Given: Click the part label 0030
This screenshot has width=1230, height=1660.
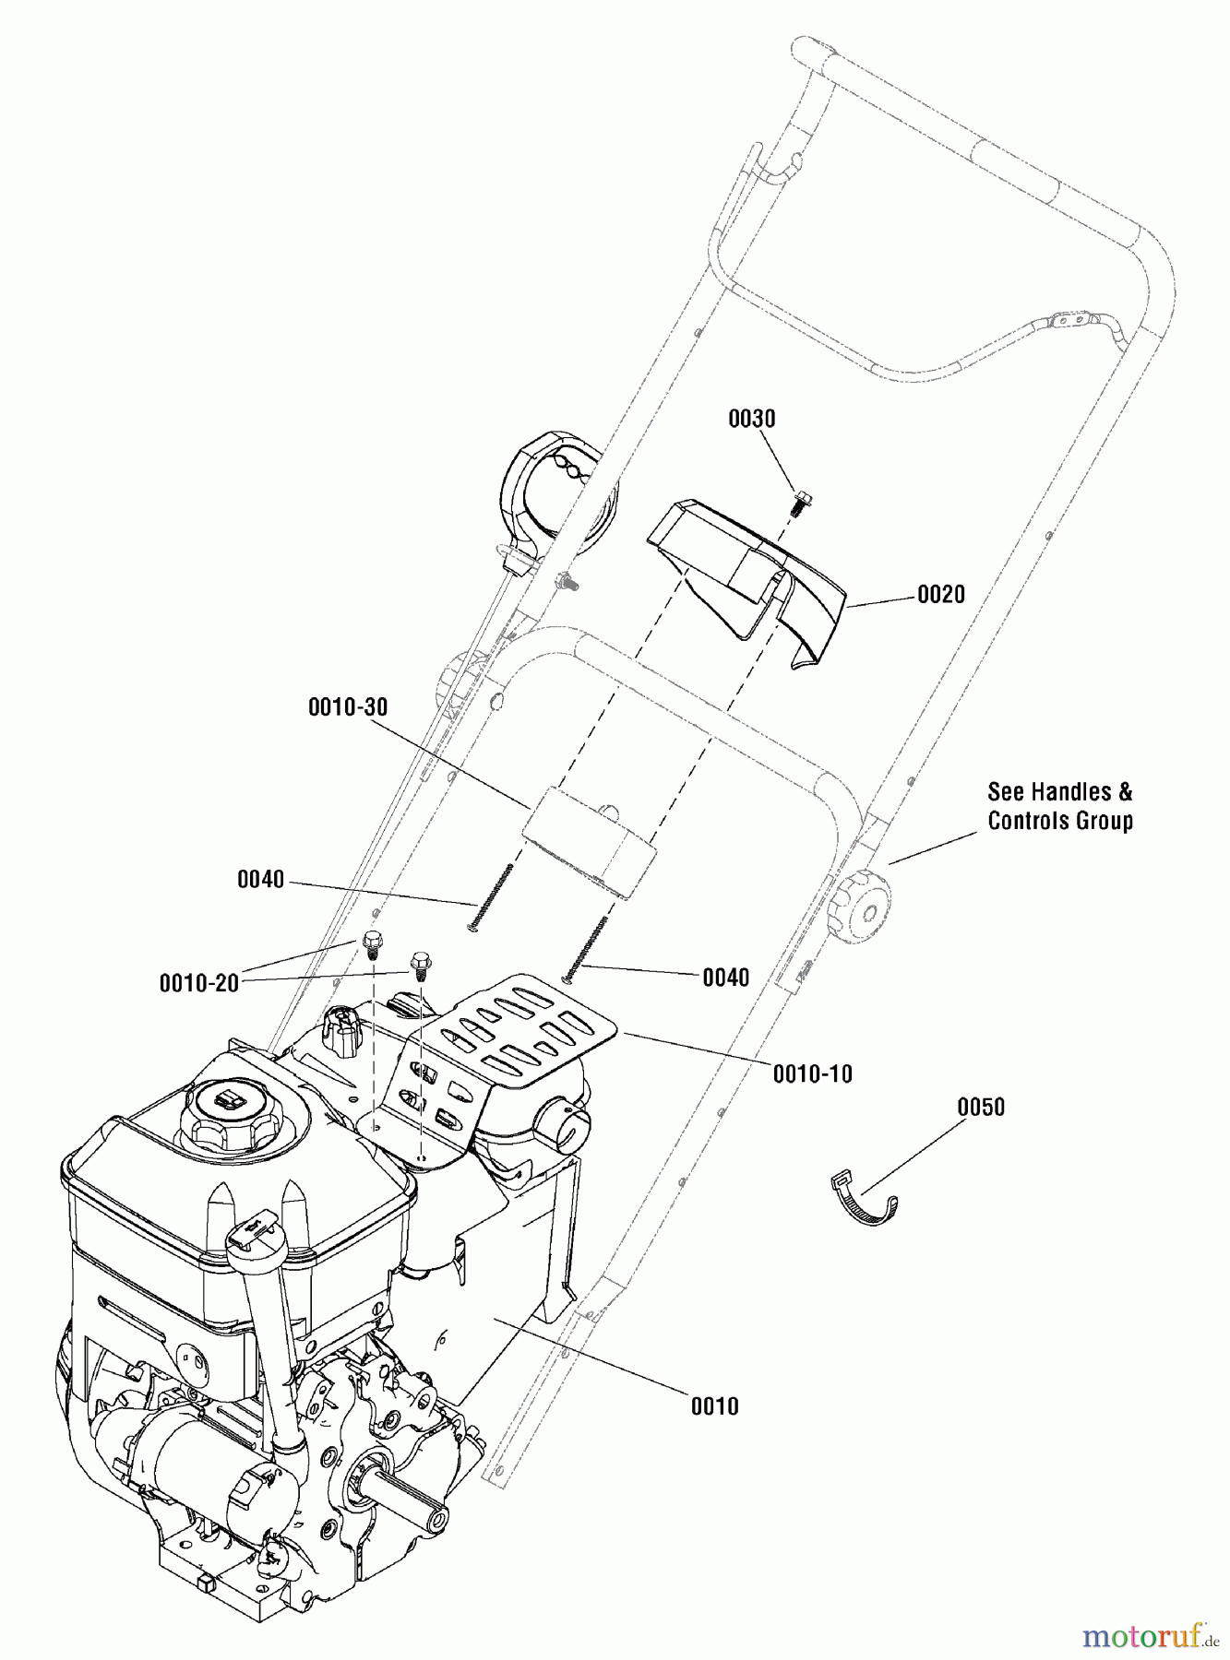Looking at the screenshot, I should [x=751, y=419].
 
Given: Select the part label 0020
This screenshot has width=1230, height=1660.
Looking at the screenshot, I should [x=940, y=595].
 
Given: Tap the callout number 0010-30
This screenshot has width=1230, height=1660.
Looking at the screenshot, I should [x=348, y=707].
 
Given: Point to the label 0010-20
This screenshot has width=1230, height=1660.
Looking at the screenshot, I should [x=199, y=983].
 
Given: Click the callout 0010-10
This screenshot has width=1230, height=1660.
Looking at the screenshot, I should [x=812, y=1073].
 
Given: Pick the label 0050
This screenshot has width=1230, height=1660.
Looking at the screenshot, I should [x=981, y=1107].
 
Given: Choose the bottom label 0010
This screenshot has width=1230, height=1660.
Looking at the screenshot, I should [x=714, y=1406].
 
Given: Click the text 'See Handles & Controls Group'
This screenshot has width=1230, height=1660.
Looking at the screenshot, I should [x=1059, y=806].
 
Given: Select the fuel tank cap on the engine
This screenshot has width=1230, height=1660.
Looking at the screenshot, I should [x=227, y=1107].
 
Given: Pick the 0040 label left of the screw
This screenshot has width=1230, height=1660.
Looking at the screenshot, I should [x=261, y=880].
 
